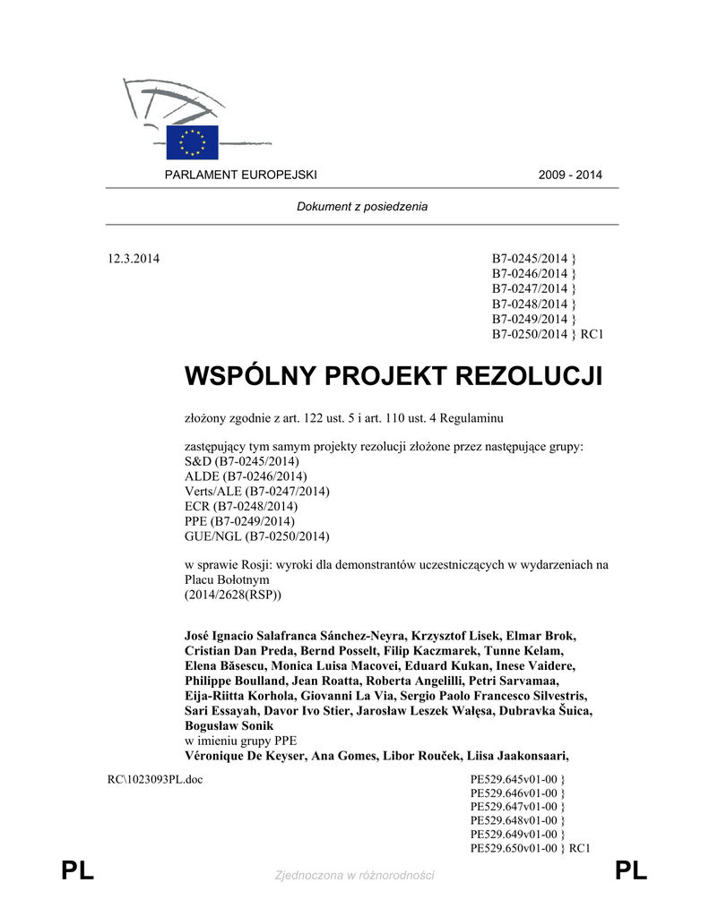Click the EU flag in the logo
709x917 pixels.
[x=192, y=141]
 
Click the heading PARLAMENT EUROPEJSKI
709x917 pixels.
[x=240, y=175]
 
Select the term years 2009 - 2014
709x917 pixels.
[x=570, y=175]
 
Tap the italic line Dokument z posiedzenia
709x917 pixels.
[x=362, y=207]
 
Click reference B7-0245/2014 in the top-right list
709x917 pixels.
[x=530, y=260]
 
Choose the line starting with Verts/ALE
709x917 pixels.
[x=257, y=491]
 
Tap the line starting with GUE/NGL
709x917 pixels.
[x=257, y=536]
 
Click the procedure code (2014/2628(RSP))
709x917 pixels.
[x=232, y=595]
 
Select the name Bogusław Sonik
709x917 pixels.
[x=229, y=725]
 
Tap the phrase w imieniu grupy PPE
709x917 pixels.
[x=239, y=740]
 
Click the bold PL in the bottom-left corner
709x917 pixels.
[x=78, y=870]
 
